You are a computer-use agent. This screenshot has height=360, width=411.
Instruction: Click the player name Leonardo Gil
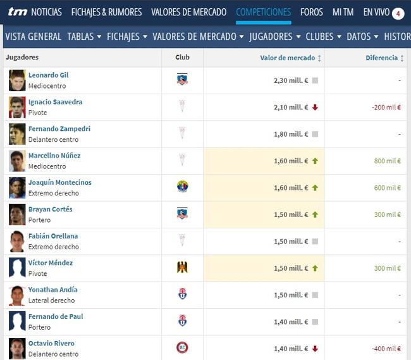[48, 75]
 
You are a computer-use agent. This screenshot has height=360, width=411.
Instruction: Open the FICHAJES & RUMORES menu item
[106, 12]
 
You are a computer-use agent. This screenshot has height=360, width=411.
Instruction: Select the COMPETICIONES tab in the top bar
[263, 12]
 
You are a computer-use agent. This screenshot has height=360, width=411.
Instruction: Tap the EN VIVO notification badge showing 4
[398, 13]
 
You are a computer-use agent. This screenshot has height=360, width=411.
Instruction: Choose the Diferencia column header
[381, 58]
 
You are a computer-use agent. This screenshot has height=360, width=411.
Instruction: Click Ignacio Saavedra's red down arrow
[315, 108]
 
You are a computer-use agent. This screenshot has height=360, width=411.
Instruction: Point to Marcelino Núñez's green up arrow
[315, 161]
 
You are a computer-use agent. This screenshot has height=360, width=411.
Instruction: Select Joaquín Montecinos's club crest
[182, 187]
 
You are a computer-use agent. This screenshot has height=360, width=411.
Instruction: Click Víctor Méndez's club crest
[182, 267]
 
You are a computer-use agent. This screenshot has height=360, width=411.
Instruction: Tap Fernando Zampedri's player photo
[17, 134]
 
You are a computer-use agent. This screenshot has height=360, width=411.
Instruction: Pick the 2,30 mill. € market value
[291, 81]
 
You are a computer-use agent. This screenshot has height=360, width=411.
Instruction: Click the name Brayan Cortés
[50, 209]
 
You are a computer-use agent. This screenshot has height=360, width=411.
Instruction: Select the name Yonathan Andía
[52, 290]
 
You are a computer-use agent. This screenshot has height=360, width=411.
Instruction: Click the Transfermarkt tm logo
[17, 12]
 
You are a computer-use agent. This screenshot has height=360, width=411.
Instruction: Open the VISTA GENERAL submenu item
[33, 37]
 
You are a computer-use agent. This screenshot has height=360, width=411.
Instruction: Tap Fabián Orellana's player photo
[17, 241]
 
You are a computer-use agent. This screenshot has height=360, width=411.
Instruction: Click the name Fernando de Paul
[56, 316]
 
